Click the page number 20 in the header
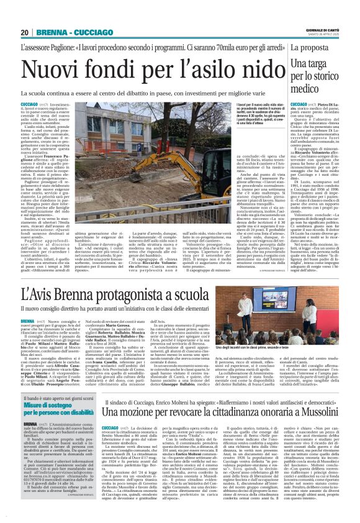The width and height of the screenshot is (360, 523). (25, 33)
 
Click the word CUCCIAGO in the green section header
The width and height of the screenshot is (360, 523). (84, 33)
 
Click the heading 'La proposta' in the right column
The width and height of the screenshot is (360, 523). (317, 47)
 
